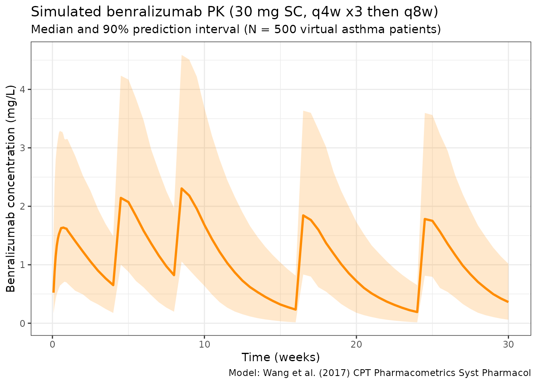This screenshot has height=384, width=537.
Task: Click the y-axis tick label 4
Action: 22,89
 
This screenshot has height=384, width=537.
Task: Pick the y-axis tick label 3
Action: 22,148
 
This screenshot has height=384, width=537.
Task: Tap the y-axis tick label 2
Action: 22,206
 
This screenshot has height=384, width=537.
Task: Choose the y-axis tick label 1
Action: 22,265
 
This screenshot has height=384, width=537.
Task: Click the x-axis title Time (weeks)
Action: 280,357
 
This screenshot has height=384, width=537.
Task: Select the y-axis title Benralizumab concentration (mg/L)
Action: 11,188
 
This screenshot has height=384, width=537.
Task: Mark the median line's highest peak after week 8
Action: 182,188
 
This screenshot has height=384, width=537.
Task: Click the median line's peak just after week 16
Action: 304,216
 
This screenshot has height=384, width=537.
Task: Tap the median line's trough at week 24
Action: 417,312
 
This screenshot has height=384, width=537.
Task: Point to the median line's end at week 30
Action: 508,302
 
